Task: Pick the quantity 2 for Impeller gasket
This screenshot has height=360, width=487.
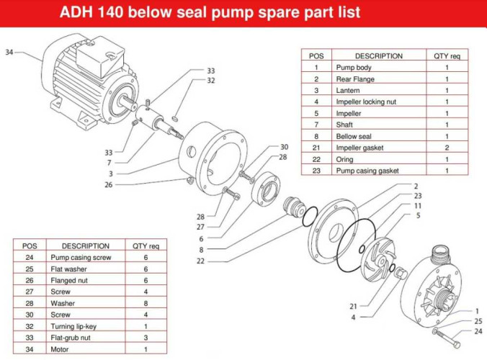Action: tap(447, 148)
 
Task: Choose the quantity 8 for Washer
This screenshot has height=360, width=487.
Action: tap(146, 303)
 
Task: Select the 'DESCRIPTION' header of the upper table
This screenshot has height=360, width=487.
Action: tap(378, 56)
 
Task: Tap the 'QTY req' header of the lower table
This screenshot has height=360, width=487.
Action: tap(146, 246)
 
